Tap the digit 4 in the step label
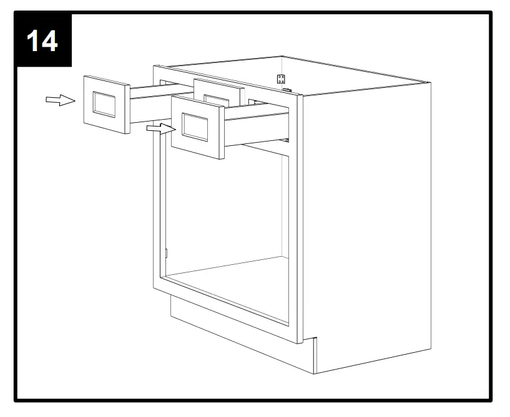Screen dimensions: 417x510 51,41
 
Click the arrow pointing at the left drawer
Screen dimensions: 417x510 60,100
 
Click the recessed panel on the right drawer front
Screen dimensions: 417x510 196,127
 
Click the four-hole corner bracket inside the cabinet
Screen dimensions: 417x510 281,79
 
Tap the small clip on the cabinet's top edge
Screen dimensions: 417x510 287,90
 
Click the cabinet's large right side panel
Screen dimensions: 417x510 368,218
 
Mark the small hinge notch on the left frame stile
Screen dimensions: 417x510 167,252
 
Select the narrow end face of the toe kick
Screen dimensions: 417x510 315,355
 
